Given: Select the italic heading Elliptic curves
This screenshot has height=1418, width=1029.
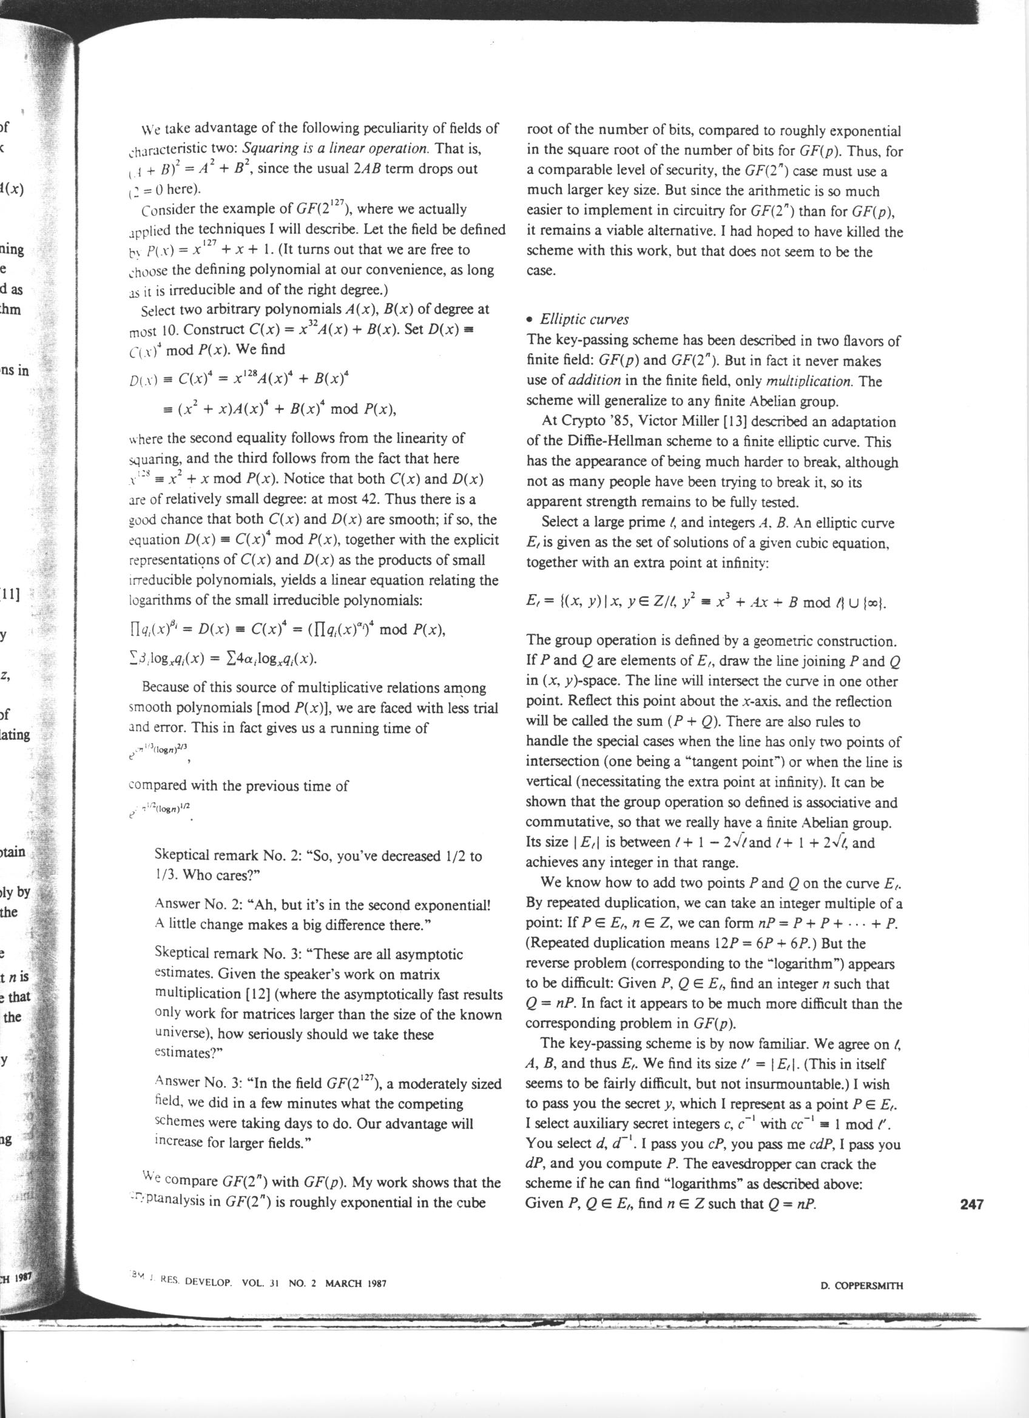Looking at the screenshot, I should click(584, 319).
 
